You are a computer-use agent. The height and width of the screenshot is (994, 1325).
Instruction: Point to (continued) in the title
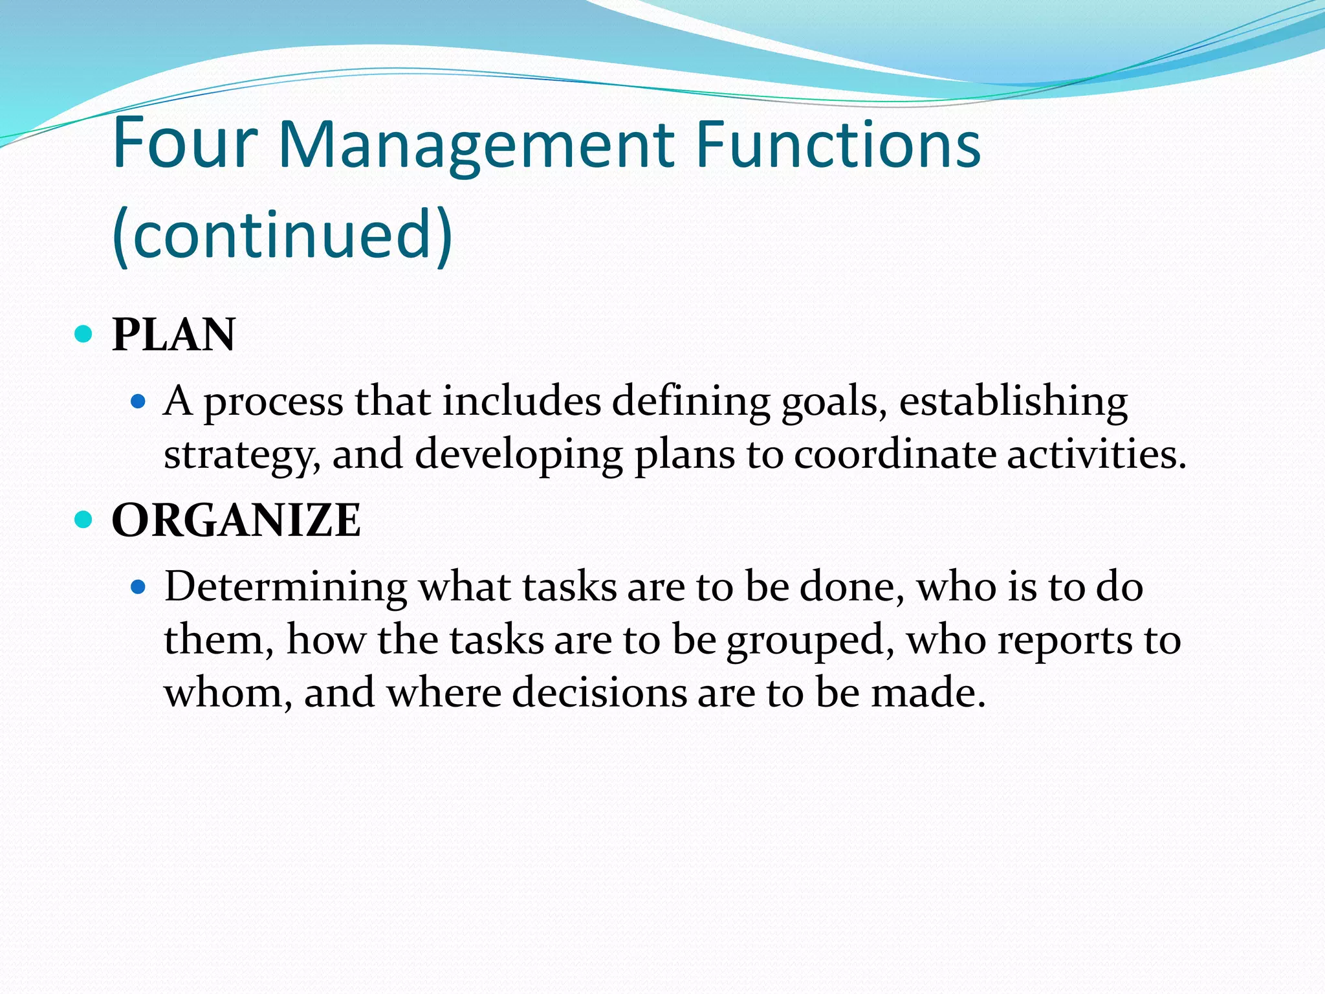[283, 234]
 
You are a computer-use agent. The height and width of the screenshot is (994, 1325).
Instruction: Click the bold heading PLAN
[173, 335]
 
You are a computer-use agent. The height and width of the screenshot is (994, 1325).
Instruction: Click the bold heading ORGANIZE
[236, 520]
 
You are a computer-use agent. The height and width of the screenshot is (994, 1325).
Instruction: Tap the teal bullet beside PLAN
[83, 334]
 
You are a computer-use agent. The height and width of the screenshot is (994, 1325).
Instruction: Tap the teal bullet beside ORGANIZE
[83, 519]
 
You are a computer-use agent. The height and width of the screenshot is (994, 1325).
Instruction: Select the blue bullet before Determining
[138, 587]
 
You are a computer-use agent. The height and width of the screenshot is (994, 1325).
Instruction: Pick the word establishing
[1013, 402]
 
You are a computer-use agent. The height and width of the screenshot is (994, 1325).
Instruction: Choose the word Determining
[285, 588]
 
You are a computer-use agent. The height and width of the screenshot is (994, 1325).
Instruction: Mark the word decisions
[599, 693]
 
